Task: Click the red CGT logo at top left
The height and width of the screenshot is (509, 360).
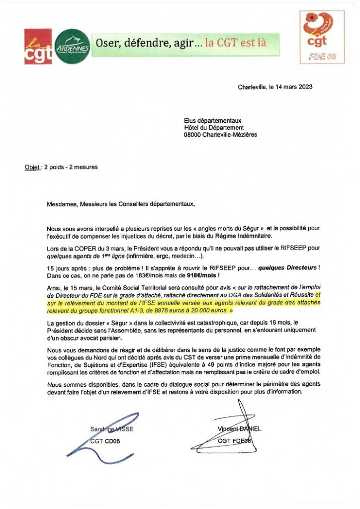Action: point(38,46)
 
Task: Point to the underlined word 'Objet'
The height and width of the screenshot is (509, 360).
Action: point(32,167)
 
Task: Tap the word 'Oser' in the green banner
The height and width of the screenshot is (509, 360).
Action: point(108,43)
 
